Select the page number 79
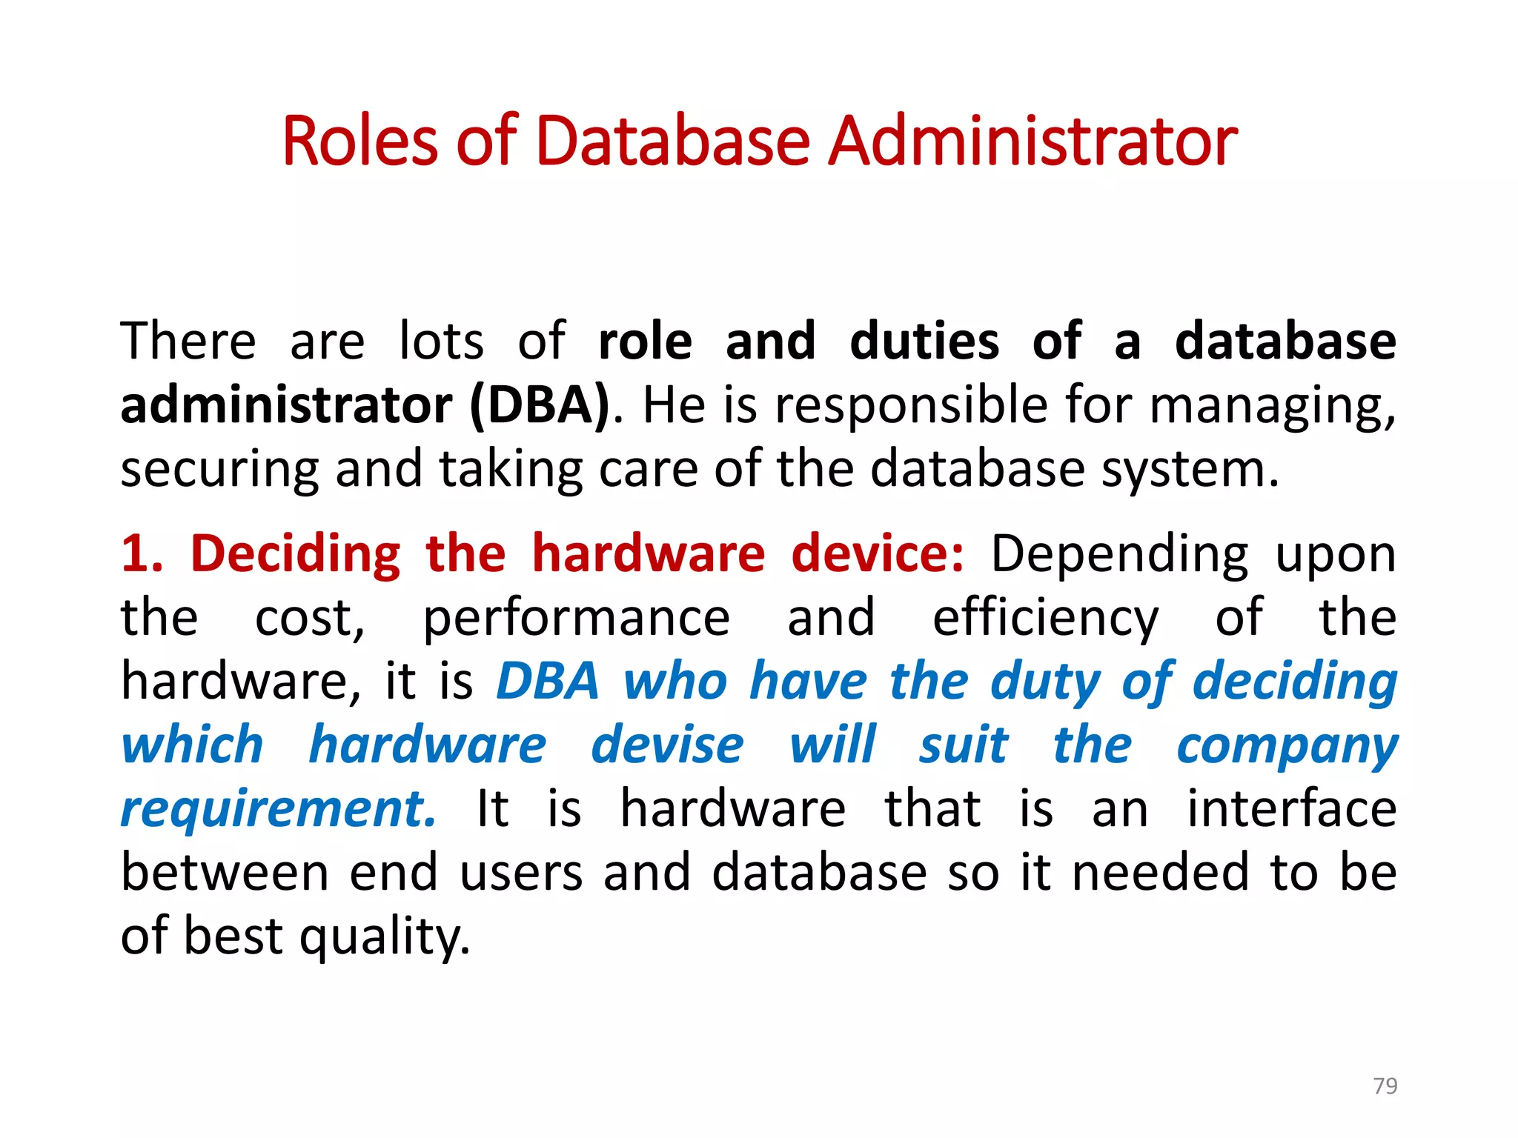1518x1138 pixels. pyautogui.click(x=1385, y=1085)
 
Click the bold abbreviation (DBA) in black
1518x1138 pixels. pyautogui.click(x=540, y=405)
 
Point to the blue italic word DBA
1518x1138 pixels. pyautogui.click(x=547, y=681)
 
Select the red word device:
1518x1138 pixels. pyautogui.click(x=878, y=553)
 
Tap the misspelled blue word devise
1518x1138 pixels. pyautogui.click(x=667, y=745)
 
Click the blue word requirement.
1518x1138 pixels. pyautogui.click(x=278, y=808)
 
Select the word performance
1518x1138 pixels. pyautogui.click(x=576, y=619)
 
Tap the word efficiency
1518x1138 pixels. pyautogui.click(x=1045, y=619)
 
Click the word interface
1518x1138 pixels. pyautogui.click(x=1292, y=808)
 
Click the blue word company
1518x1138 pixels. pyautogui.click(x=1287, y=746)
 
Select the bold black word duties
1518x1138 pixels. pyautogui.click(x=924, y=342)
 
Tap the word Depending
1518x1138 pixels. pyautogui.click(x=1119, y=555)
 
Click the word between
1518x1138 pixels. pyautogui.click(x=225, y=872)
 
